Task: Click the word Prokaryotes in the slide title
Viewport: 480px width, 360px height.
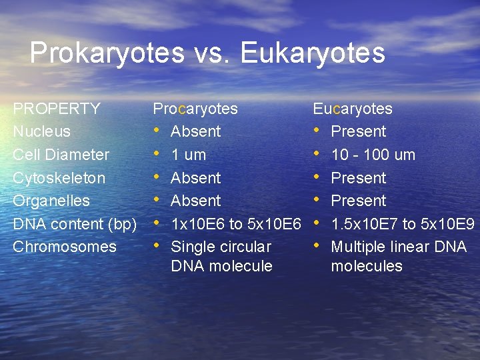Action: (107, 53)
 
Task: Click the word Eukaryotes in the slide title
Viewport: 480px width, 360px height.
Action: (313, 53)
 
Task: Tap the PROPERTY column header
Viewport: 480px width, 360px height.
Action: (57, 109)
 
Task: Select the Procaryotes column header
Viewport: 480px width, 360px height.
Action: (195, 109)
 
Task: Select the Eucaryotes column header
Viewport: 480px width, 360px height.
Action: (353, 109)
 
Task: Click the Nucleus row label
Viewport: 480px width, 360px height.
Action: (42, 131)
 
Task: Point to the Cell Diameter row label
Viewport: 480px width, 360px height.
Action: (61, 155)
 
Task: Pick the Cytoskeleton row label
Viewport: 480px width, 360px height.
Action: (59, 178)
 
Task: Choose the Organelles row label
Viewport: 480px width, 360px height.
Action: (51, 201)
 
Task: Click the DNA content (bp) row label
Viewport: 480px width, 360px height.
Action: (75, 223)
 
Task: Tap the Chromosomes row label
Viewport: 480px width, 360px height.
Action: (65, 247)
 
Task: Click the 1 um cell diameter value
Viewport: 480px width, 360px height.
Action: (188, 155)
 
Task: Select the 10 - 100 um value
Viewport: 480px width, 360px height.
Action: (373, 155)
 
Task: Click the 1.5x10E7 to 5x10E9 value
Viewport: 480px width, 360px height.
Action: (403, 223)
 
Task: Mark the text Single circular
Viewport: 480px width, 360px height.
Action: (221, 247)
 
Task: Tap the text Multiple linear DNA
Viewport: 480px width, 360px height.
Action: (399, 247)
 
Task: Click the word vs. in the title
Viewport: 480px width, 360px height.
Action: (212, 53)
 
